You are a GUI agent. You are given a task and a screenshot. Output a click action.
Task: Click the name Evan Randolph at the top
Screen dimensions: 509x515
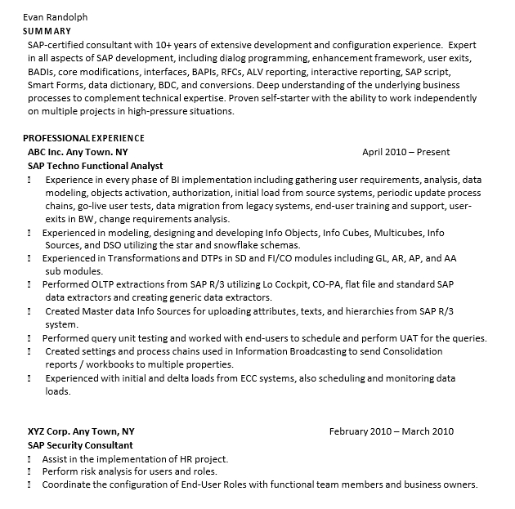pos(55,16)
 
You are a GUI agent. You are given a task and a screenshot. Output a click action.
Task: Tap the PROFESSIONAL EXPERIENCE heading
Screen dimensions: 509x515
pos(83,138)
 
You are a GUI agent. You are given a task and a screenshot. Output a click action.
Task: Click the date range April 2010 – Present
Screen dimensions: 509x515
pos(405,152)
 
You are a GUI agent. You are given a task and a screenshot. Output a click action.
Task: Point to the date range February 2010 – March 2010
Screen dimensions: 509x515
pos(391,431)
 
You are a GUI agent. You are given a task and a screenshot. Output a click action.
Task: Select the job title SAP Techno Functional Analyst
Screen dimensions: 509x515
pos(95,166)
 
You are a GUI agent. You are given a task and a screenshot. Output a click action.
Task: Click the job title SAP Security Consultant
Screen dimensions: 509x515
pos(80,445)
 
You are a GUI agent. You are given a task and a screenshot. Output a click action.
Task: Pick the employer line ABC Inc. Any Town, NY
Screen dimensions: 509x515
pos(78,152)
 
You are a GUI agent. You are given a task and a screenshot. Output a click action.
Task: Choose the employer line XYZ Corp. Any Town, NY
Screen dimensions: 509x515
pos(81,431)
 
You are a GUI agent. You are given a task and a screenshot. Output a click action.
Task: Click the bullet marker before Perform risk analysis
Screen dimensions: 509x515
pos(30,472)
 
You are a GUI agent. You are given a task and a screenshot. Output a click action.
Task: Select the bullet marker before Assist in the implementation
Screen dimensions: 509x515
pos(30,459)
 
